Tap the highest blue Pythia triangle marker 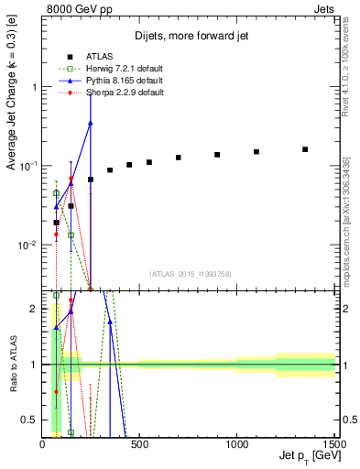(x=90, y=123)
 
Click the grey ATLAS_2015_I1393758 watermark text (x=190, y=273)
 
